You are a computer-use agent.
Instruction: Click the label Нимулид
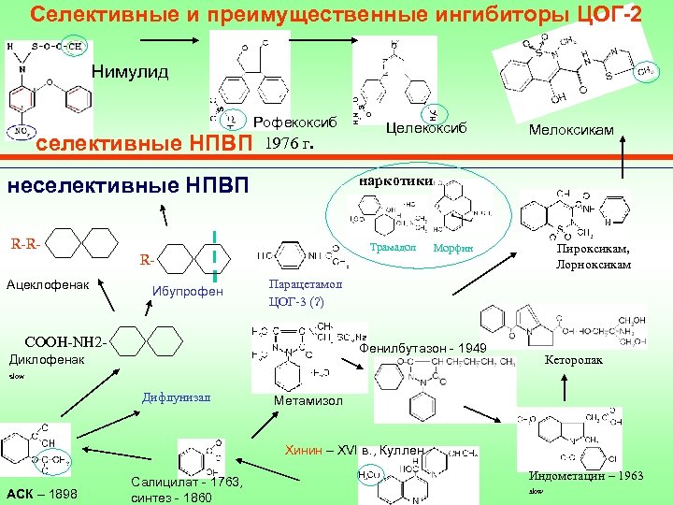coord(130,72)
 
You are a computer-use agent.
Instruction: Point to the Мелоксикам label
coord(571,130)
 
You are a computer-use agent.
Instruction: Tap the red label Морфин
coord(453,248)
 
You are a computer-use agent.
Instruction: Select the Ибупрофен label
coord(188,292)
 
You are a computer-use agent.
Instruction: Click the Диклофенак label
coord(46,358)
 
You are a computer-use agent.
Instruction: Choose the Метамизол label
coord(308,401)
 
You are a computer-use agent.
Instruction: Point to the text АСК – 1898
coord(41,493)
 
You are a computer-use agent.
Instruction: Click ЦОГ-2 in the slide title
coord(607,16)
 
